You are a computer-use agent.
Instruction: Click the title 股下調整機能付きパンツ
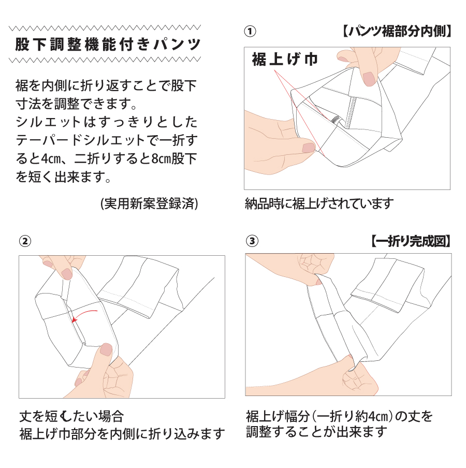108,44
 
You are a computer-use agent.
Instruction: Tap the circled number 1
250,32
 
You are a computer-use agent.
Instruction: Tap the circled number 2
25,241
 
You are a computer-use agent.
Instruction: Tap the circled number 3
252,241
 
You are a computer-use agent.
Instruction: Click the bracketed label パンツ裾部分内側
396,31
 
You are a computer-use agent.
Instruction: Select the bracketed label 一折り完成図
411,241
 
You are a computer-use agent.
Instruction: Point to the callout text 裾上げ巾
285,59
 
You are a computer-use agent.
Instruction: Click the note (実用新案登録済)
149,203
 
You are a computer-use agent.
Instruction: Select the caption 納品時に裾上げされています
319,203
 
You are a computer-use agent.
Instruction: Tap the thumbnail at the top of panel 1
369,78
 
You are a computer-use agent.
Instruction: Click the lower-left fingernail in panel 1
309,147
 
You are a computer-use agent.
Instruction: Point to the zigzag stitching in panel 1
351,112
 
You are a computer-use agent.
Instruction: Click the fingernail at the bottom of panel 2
106,349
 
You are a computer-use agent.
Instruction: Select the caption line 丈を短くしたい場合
71,416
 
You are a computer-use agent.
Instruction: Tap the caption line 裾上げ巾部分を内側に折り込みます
122,434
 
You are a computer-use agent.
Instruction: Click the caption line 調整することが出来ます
316,432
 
